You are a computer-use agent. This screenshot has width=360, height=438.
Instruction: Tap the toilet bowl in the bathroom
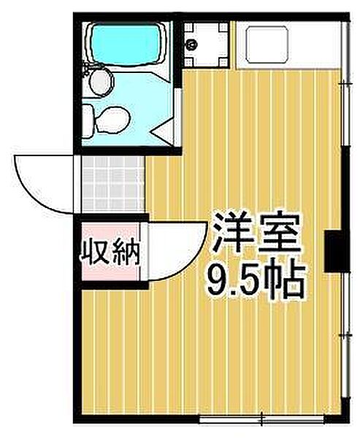(x=110, y=118)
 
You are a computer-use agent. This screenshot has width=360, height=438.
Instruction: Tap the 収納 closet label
(x=110, y=255)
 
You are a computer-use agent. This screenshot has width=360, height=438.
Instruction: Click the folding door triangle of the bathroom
(x=164, y=134)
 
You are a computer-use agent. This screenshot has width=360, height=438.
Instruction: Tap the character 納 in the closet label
(x=126, y=255)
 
